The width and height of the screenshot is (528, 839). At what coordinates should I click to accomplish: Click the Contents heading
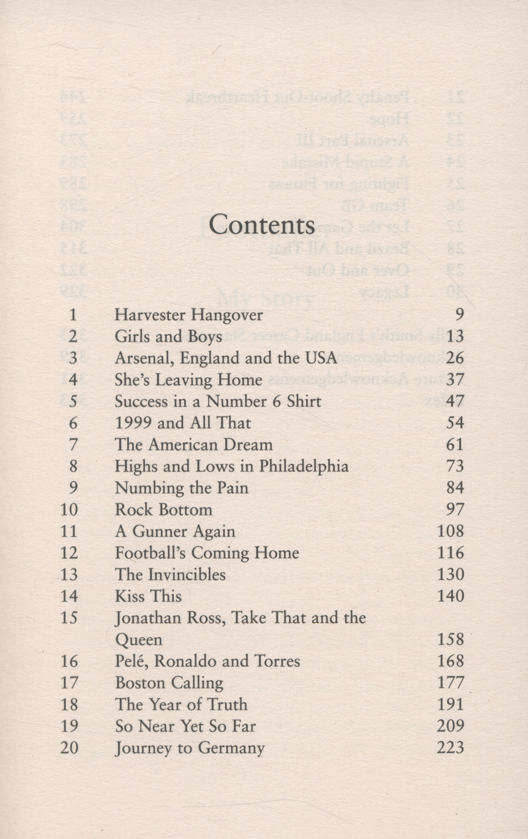(x=262, y=225)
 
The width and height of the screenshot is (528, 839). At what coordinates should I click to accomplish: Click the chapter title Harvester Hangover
(x=189, y=315)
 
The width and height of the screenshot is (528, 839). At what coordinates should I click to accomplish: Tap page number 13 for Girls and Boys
(x=455, y=337)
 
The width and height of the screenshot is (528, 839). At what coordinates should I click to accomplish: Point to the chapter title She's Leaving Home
(x=188, y=380)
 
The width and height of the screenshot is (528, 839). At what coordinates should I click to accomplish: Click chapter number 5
(x=73, y=402)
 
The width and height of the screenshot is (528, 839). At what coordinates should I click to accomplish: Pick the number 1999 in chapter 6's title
(x=133, y=423)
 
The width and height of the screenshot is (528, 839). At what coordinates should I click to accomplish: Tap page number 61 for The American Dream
(x=455, y=444)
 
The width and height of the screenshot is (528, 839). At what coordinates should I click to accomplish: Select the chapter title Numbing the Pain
(x=181, y=488)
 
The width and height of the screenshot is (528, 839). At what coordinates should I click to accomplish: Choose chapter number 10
(x=70, y=510)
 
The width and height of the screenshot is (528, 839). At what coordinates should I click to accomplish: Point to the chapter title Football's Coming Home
(x=207, y=553)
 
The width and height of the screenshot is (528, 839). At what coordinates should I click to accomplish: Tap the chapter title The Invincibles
(x=170, y=575)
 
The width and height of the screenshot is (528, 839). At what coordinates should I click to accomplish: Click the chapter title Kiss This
(x=148, y=596)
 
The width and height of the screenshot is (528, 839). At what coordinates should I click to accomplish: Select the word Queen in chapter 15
(x=139, y=640)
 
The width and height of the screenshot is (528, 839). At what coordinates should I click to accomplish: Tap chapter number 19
(x=70, y=726)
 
